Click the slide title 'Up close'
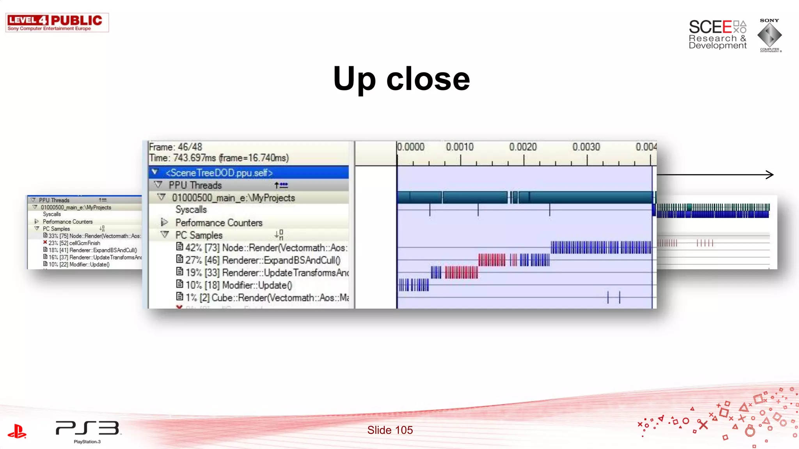click(401, 79)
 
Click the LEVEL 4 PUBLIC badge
click(57, 23)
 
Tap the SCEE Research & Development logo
click(717, 35)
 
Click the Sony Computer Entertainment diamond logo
click(769, 35)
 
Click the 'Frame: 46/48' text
click(176, 147)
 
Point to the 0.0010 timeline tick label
click(460, 147)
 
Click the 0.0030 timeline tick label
click(586, 147)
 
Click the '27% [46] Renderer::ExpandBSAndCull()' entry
click(263, 260)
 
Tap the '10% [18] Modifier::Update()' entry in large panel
click(238, 285)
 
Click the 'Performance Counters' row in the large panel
click(218, 223)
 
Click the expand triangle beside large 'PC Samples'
click(165, 235)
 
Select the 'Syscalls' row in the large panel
click(191, 210)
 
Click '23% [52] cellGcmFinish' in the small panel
click(74, 243)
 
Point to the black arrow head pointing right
click(770, 175)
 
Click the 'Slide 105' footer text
click(390, 430)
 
